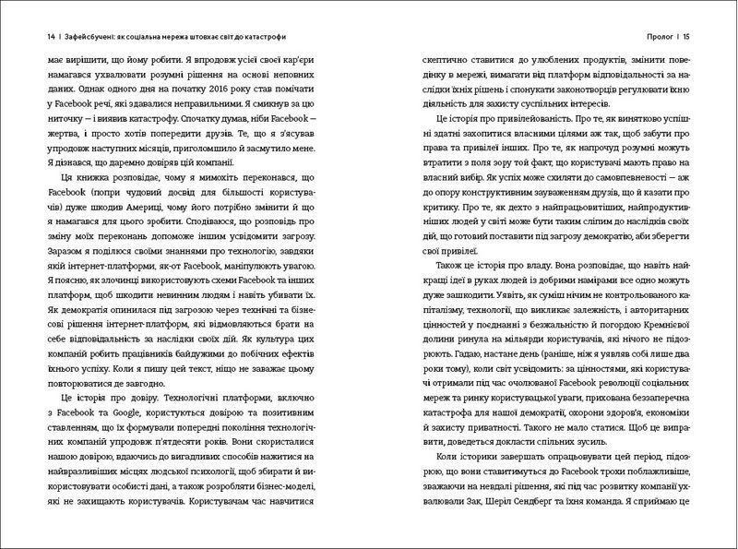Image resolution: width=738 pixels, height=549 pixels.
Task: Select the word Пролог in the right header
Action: pyautogui.click(x=666, y=37)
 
